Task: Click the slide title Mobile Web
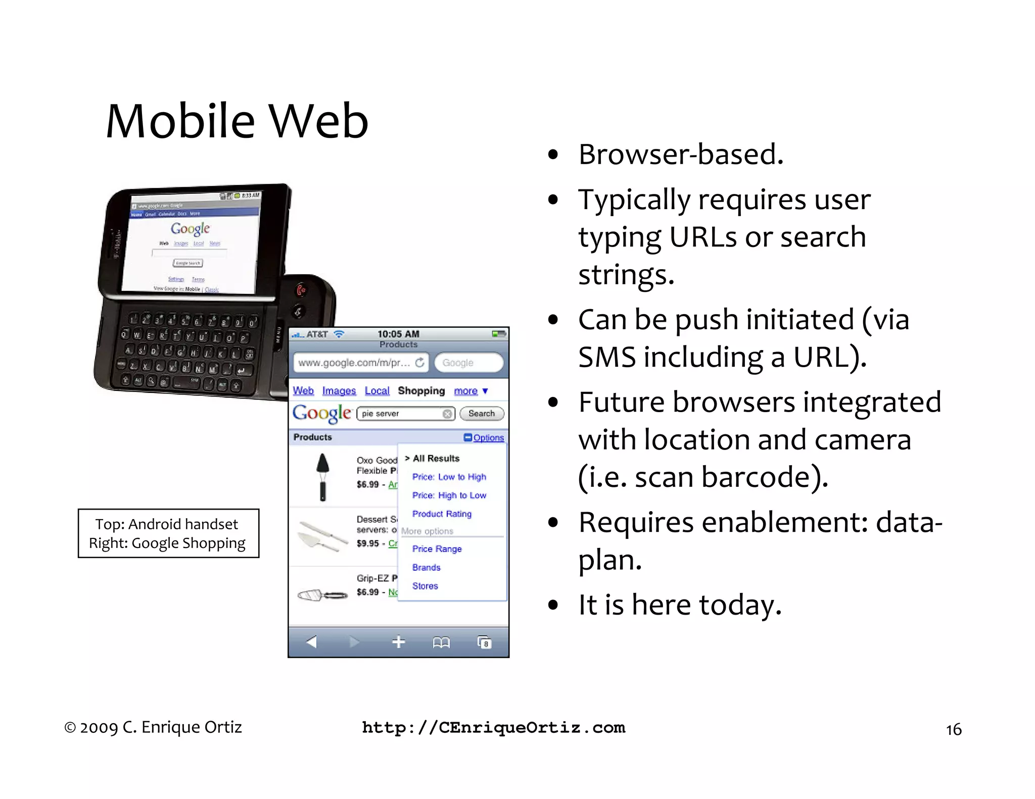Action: pyautogui.click(x=237, y=121)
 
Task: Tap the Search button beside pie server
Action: pyautogui.click(x=481, y=414)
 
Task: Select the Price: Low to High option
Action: pyautogui.click(x=449, y=477)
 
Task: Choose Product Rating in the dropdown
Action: pyautogui.click(x=442, y=514)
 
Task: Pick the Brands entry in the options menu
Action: pyautogui.click(x=426, y=568)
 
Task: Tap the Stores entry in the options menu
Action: pyautogui.click(x=425, y=586)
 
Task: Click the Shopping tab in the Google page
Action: pyautogui.click(x=421, y=391)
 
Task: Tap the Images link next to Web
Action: pyautogui.click(x=339, y=391)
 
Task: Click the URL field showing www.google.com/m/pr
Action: pyautogui.click(x=354, y=363)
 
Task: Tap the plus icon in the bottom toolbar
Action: pyautogui.click(x=398, y=642)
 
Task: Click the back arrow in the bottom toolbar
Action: pyautogui.click(x=311, y=642)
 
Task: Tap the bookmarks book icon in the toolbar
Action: pyautogui.click(x=441, y=642)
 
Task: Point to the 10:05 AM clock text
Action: pyautogui.click(x=398, y=334)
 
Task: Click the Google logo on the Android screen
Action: pyautogui.click(x=190, y=229)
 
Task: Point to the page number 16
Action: pyautogui.click(x=953, y=730)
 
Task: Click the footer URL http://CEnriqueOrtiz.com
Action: pyautogui.click(x=493, y=728)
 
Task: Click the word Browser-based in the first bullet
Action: pyautogui.click(x=680, y=155)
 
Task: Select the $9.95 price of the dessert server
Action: pyautogui.click(x=367, y=543)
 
